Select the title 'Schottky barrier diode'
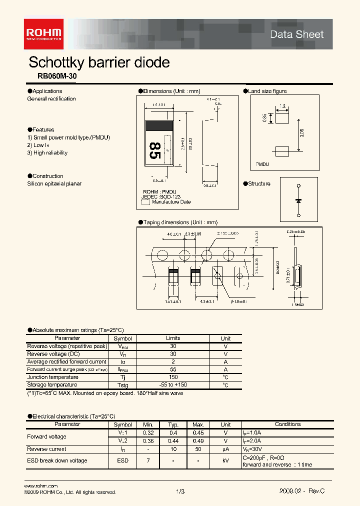[x=99, y=62]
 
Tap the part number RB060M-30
[x=57, y=77]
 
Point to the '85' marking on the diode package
[x=155, y=150]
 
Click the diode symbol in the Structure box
[x=298, y=200]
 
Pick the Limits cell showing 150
[x=173, y=377]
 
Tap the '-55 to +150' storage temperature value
[x=173, y=385]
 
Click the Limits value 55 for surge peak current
[x=173, y=369]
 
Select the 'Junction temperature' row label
[x=52, y=377]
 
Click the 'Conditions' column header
[x=288, y=424]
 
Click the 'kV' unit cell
[x=226, y=460]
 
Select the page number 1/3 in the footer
[x=180, y=491]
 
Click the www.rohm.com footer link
[x=41, y=486]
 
